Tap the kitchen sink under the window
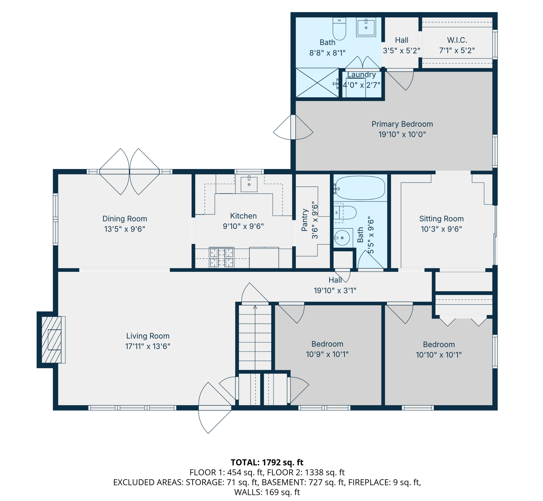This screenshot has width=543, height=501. tap(249, 184)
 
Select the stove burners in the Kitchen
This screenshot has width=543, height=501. tap(222, 257)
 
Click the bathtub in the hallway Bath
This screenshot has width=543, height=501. tap(360, 188)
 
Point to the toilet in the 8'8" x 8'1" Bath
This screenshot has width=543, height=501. tap(339, 29)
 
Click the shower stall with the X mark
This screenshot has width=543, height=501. tap(317, 83)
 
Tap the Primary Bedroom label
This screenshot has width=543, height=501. tap(402, 124)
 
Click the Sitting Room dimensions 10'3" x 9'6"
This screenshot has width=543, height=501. tap(441, 229)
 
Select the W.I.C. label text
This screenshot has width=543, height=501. tap(457, 40)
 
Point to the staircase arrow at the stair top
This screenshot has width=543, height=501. tap(255, 307)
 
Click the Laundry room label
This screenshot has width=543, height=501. tap(362, 75)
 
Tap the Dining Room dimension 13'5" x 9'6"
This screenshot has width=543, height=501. tap(125, 229)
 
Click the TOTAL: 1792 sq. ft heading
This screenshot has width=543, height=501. tap(267, 462)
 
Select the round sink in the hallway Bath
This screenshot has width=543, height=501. tap(342, 238)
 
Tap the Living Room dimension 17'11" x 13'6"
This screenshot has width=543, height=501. tap(148, 346)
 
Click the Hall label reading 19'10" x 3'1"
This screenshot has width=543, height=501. tap(335, 291)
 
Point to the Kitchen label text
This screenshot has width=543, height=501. tap(243, 216)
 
